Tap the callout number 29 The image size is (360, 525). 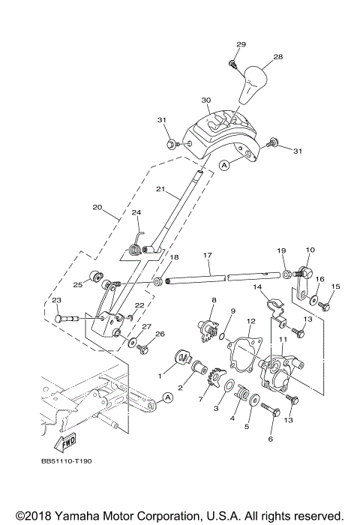click(241, 46)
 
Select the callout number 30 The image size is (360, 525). click(206, 100)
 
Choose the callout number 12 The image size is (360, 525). click(251, 321)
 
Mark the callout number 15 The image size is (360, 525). click(335, 286)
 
